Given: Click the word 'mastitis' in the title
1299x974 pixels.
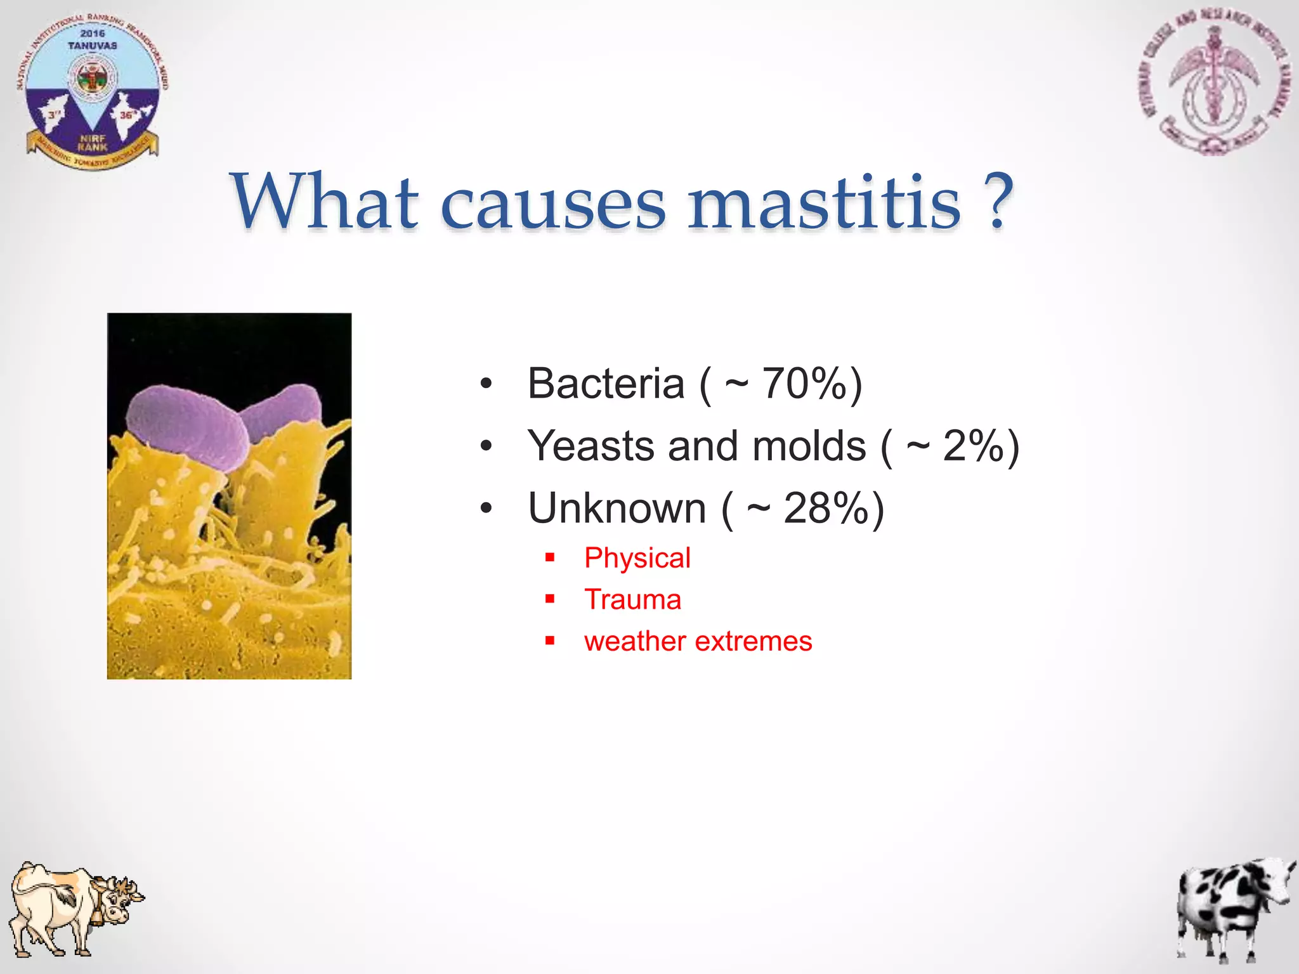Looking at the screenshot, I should (x=825, y=203).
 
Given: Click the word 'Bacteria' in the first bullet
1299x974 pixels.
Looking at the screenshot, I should (x=606, y=384).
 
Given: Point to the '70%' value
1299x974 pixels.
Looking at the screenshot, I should (x=804, y=384).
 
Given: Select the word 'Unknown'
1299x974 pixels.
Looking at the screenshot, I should (x=617, y=509).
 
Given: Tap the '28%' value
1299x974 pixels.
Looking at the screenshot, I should (x=825, y=509).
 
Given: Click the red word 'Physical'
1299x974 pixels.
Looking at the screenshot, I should (x=637, y=559).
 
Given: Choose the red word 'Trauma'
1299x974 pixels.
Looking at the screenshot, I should (x=632, y=600).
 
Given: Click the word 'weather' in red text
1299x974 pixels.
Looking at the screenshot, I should (x=635, y=642).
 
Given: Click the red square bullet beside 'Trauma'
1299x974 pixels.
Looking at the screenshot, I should (x=550, y=599).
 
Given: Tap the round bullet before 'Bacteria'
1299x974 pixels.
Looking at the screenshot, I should (x=486, y=384).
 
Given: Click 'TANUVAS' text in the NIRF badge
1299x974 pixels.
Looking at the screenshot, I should (x=93, y=46).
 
